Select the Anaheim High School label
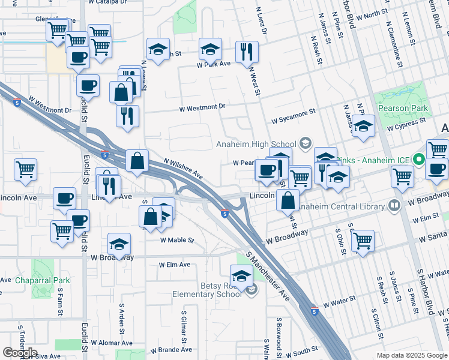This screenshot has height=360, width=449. click(256, 144)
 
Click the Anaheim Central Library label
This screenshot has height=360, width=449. click(341, 206)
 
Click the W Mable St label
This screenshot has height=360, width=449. click(177, 240)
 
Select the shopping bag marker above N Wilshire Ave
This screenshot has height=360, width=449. click(137, 161)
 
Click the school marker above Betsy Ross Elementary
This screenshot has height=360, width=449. click(241, 275)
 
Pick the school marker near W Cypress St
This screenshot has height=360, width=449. click(363, 127)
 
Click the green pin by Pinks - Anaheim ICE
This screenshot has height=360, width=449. click(420, 160)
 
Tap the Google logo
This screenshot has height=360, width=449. click(20, 353)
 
